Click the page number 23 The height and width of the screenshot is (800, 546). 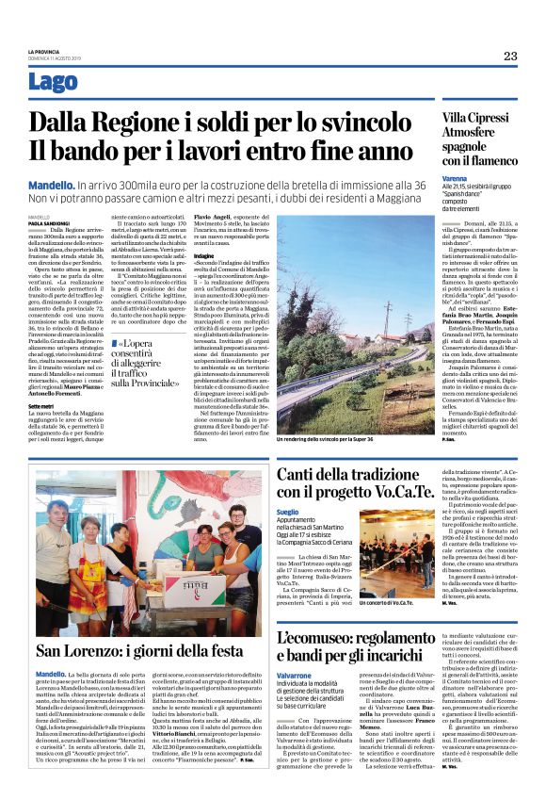pyautogui.click(x=509, y=56)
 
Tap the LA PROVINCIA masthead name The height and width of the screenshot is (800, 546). pyautogui.click(x=42, y=50)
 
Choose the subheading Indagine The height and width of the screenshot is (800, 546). pyautogui.click(x=204, y=255)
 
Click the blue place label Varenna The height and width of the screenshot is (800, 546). pyautogui.click(x=455, y=178)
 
